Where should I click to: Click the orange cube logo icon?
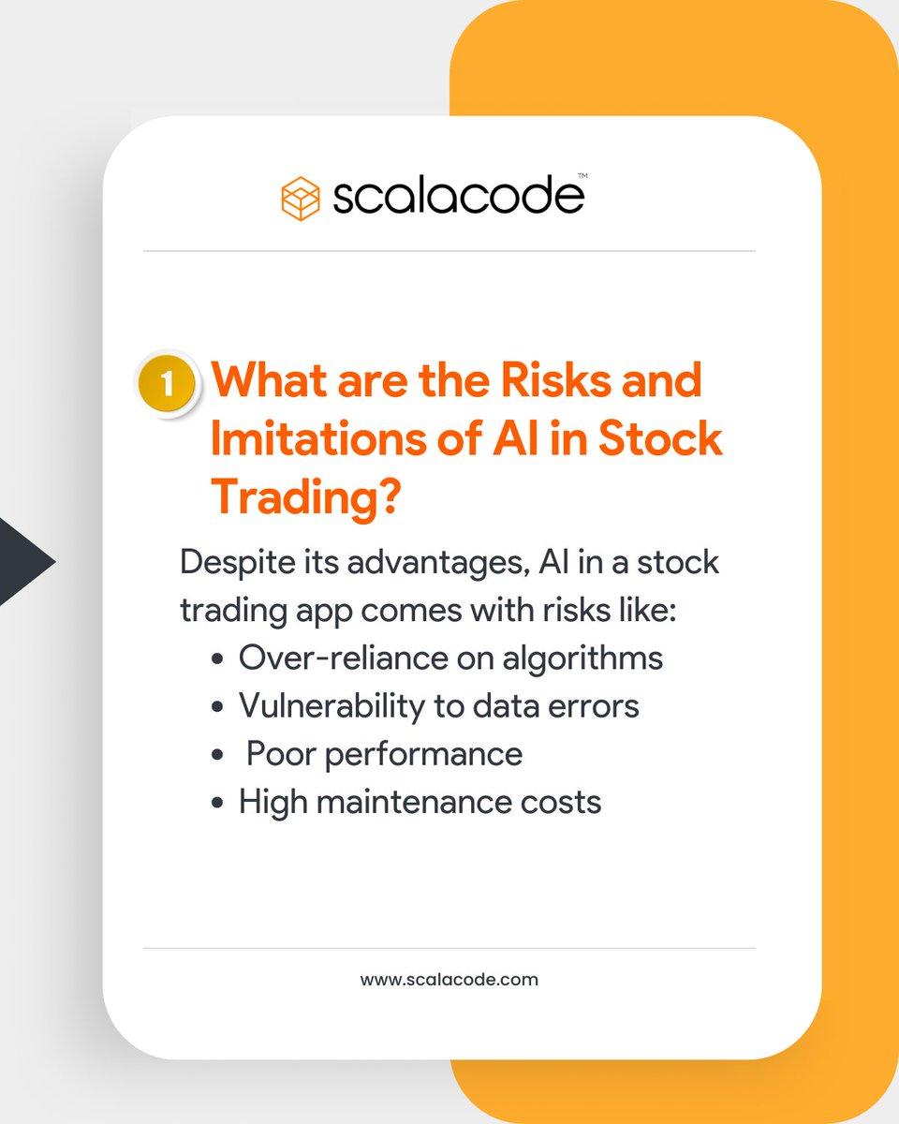[x=302, y=199]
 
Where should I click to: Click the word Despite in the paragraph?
[x=234, y=564]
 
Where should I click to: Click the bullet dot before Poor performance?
[x=218, y=755]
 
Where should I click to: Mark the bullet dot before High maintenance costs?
[x=218, y=803]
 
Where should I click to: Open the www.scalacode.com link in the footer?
[x=449, y=980]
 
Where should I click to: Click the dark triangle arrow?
[x=23, y=563]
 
